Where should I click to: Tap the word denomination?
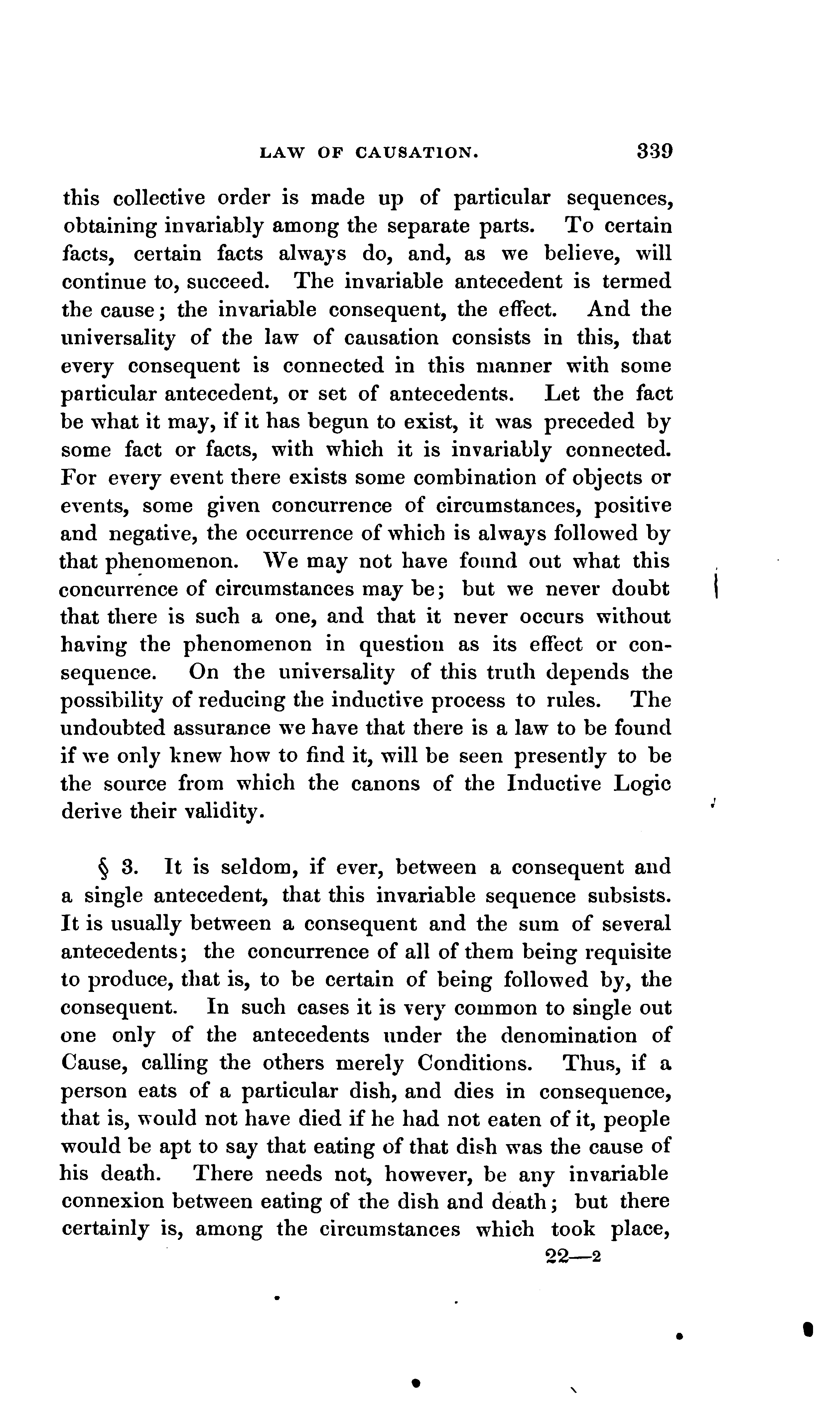[x=569, y=1036]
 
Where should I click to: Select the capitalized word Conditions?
[x=474, y=1063]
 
